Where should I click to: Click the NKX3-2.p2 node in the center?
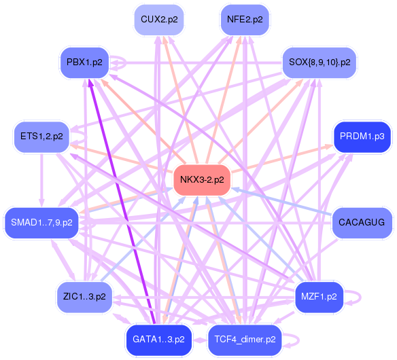click(202, 180)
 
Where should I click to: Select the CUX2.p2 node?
click(159, 20)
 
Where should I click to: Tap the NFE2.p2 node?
click(245, 20)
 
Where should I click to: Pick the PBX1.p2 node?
click(84, 62)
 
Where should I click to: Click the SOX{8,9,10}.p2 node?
click(320, 62)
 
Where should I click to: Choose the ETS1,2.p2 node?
click(41, 137)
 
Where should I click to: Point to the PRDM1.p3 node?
click(362, 137)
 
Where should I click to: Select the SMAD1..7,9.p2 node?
click(41, 223)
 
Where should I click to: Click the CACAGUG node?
click(362, 223)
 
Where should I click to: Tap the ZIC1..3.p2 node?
click(84, 297)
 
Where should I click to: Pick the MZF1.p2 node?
click(319, 297)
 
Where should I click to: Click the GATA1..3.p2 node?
click(159, 340)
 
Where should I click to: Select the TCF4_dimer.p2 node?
click(245, 340)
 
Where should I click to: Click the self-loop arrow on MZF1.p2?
click(360, 297)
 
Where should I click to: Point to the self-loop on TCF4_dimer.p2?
click(298, 340)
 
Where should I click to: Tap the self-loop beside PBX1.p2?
click(126, 62)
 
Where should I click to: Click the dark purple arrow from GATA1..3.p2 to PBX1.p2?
click(122, 201)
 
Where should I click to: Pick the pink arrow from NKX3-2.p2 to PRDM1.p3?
click(282, 159)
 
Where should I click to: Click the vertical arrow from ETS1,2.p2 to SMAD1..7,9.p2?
click(41, 179)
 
